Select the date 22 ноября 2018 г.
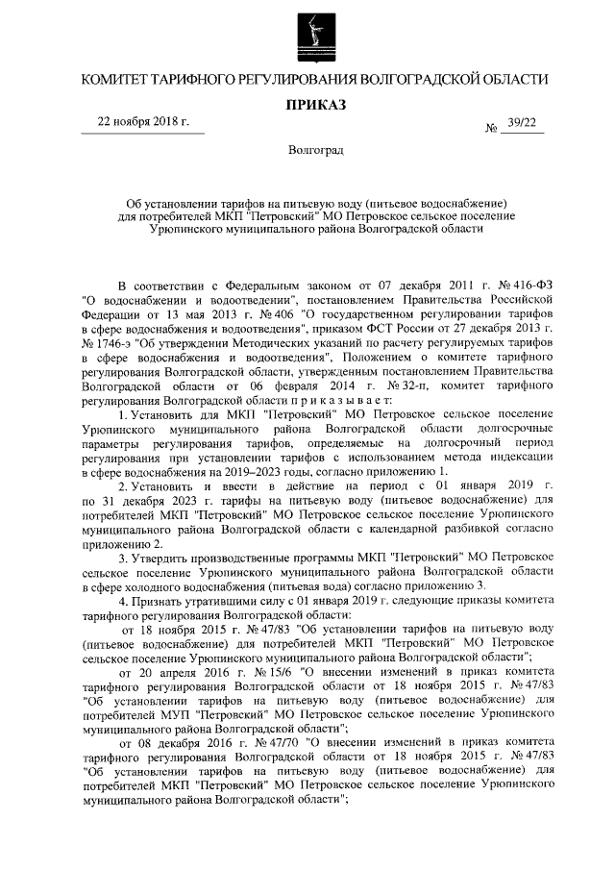(145, 122)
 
